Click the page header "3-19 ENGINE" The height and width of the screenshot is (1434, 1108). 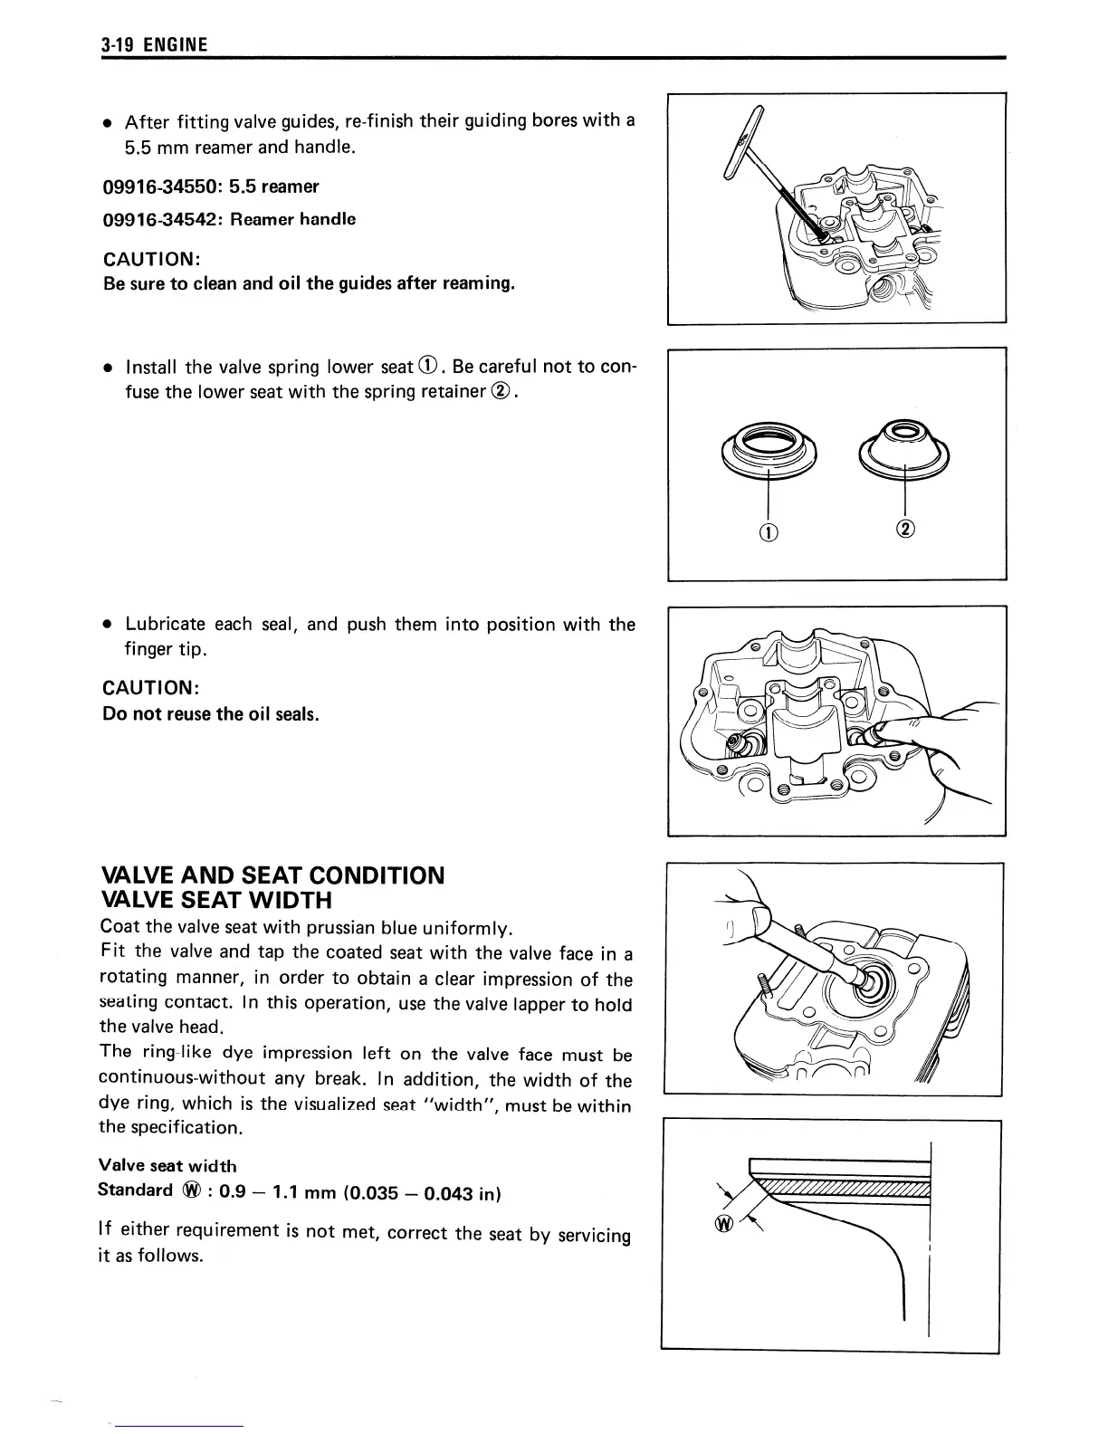point(154,45)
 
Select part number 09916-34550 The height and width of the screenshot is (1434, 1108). point(162,186)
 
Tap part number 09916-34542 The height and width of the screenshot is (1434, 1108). point(162,219)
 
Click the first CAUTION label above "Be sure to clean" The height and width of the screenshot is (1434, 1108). point(151,259)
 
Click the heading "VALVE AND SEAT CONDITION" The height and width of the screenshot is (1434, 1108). point(273,875)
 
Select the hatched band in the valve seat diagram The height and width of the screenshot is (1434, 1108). point(842,1190)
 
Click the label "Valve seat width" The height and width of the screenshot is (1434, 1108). point(167,1166)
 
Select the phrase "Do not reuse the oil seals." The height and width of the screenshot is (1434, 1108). point(211,714)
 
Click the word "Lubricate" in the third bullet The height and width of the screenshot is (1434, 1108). point(164,625)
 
